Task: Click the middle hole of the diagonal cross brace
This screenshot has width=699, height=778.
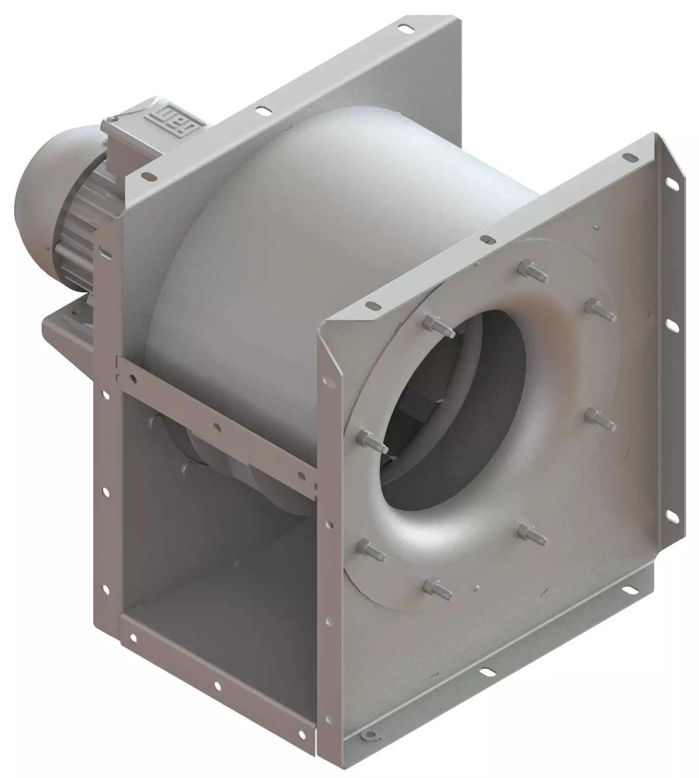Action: coord(216,426)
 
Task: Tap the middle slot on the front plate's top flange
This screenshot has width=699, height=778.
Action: coord(487,239)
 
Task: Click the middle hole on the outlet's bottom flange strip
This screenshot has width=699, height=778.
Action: coord(217,685)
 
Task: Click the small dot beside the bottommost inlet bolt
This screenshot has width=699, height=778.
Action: coord(475,588)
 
